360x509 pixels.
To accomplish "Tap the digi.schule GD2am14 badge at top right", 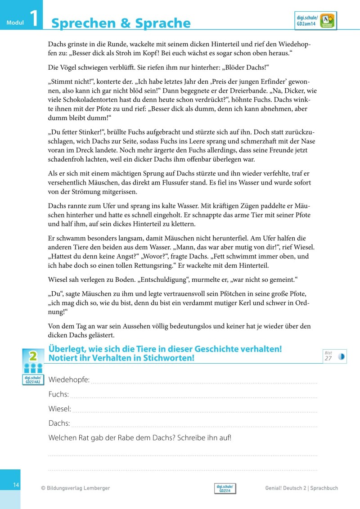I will (315, 21).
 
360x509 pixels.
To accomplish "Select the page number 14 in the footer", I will (16, 485).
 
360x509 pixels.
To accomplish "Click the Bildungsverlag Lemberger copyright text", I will (75, 488).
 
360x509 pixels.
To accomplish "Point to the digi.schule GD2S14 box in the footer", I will (225, 489).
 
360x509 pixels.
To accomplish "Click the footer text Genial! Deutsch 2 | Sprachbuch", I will (301, 488).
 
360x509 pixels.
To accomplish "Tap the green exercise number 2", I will (32, 356).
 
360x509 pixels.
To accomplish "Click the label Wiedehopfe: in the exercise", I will (69, 380).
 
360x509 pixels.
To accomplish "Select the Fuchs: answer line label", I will (58, 395).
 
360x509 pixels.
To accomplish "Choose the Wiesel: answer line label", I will (60, 409).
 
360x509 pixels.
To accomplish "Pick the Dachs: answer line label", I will (59, 423).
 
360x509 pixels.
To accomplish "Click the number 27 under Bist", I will (328, 358).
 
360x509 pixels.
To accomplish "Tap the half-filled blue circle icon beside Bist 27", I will (341, 356).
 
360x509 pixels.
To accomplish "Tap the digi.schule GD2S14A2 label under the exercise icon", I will (33, 379).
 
